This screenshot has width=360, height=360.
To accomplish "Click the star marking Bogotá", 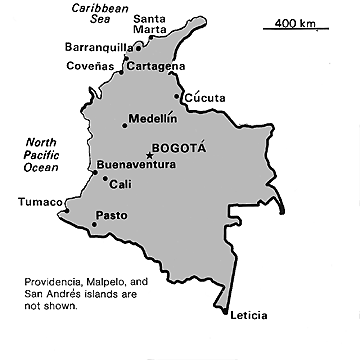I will [x=150, y=155].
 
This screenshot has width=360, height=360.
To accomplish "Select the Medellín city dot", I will [x=125, y=125].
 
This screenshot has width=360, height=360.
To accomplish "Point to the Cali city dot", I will [x=105, y=179].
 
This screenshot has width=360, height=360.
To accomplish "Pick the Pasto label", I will [x=110, y=215].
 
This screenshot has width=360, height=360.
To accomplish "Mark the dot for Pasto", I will [x=94, y=225].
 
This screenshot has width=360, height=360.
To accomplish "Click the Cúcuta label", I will [x=206, y=97].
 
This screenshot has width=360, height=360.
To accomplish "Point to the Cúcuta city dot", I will [x=178, y=97].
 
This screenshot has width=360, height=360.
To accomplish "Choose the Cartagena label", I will [x=157, y=66].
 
